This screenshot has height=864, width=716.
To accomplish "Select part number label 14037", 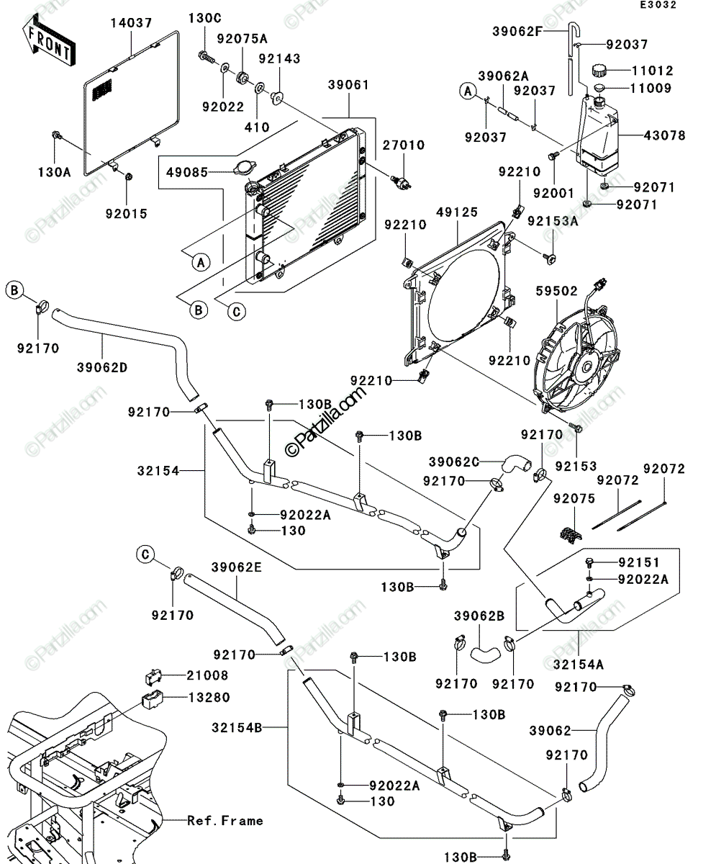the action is click(131, 23).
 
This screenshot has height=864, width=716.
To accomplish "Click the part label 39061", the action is click(348, 85).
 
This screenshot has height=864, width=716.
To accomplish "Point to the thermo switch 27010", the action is click(401, 182).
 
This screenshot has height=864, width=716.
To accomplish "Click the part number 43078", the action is click(664, 135).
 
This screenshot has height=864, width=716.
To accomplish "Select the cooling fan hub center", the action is click(587, 366).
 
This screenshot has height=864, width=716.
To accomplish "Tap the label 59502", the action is click(556, 291).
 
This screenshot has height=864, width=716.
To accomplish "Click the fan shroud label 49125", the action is click(457, 212).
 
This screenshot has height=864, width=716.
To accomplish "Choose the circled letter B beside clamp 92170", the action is click(14, 290).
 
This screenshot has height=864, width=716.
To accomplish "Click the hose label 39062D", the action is click(102, 367).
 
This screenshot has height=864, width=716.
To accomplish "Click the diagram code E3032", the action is click(658, 5).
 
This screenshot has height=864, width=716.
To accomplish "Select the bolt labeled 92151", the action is click(590, 563).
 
